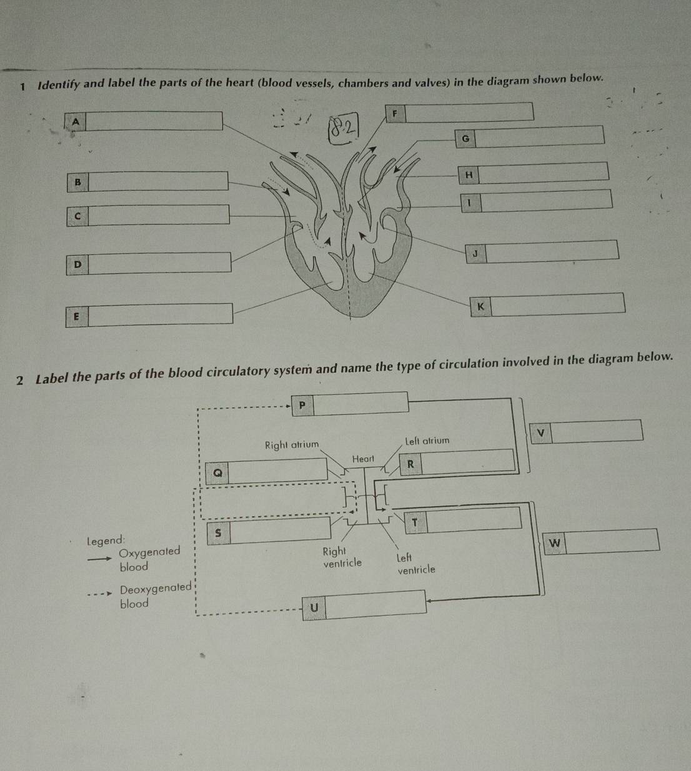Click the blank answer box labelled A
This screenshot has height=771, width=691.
(x=154, y=121)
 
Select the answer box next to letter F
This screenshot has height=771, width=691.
(x=471, y=112)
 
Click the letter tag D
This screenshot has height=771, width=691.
(x=77, y=264)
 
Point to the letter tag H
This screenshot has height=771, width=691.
(x=469, y=176)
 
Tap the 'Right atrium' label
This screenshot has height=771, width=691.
(x=291, y=445)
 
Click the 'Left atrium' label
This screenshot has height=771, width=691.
(x=427, y=440)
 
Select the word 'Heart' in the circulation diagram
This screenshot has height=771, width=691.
(x=363, y=459)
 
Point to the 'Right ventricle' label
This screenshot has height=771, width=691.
(x=341, y=557)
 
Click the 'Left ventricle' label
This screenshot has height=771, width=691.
(x=415, y=564)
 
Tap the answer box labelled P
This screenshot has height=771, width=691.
(x=360, y=403)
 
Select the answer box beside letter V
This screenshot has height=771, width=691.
(x=597, y=430)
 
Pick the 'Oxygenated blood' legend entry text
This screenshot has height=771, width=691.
(x=148, y=559)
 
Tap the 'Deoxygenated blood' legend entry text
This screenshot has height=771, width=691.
(x=154, y=596)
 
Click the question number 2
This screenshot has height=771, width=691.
(x=21, y=379)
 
